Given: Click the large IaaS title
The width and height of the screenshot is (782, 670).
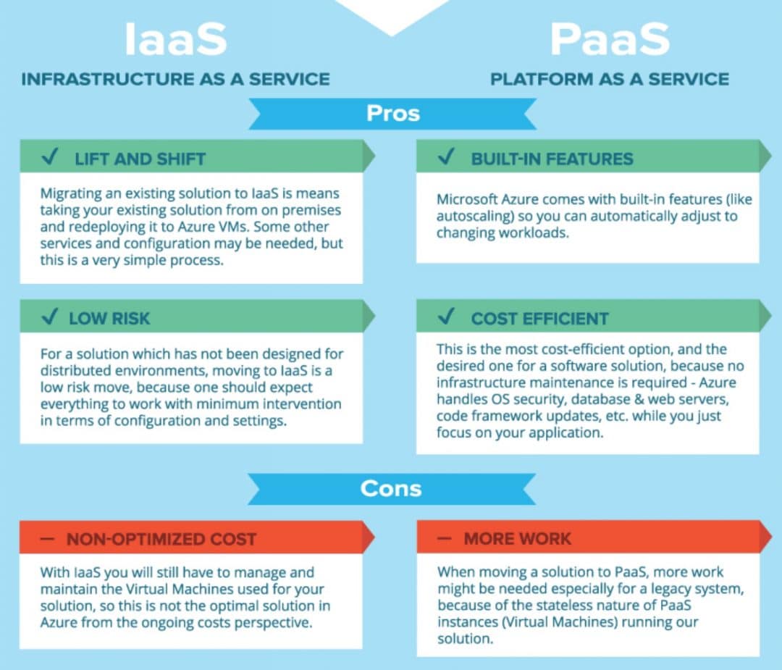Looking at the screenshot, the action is tap(175, 39).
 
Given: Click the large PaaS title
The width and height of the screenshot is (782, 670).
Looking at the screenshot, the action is tap(610, 39).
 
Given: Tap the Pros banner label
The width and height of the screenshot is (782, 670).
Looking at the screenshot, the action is tap(393, 113).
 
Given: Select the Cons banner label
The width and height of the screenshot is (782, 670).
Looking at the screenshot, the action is tap(391, 488).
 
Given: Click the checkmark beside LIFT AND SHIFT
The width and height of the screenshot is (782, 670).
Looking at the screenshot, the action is tap(51, 156).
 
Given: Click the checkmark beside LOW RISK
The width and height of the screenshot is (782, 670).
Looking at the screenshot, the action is tap(51, 316).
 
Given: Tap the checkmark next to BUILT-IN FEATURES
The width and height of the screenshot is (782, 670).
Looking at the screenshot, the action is tap(446, 156).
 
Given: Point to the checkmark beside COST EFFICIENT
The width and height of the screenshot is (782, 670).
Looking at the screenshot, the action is tap(446, 316).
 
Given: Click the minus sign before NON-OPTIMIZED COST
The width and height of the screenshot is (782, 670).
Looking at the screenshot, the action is tap(47, 539).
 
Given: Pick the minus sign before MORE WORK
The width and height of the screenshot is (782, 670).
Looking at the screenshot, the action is tap(445, 538).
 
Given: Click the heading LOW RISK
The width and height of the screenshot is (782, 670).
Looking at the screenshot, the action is tap(109, 318).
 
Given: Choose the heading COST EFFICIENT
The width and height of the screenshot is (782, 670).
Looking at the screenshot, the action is tap(539, 318).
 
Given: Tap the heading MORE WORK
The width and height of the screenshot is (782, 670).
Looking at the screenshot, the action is tap(517, 539).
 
